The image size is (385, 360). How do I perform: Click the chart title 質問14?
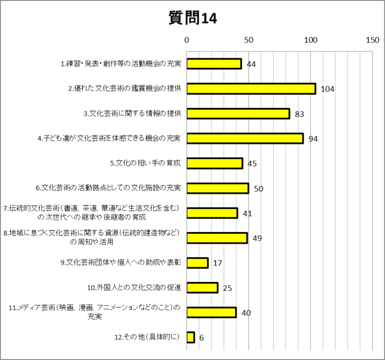[192, 18]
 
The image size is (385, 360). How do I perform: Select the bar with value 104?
[251, 89]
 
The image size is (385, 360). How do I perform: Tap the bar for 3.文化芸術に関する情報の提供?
[238, 113]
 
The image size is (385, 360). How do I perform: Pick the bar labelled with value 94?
[245, 138]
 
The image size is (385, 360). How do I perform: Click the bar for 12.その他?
[191, 337]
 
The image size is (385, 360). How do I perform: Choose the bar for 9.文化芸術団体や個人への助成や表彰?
[197, 263]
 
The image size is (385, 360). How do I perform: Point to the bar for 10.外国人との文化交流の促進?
[202, 288]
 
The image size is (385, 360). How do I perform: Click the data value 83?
[299, 114]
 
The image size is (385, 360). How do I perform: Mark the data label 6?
[201, 338]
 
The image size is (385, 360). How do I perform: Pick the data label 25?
[227, 288]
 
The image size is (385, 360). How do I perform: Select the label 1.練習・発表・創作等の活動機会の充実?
[121, 64]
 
